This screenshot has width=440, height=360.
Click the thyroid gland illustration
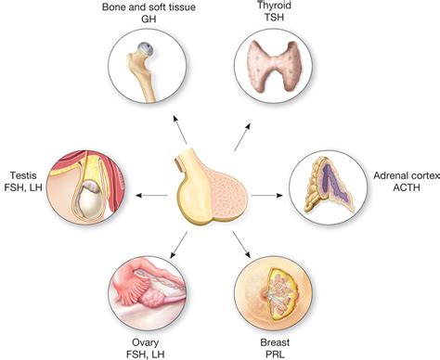click(x=275, y=71)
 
